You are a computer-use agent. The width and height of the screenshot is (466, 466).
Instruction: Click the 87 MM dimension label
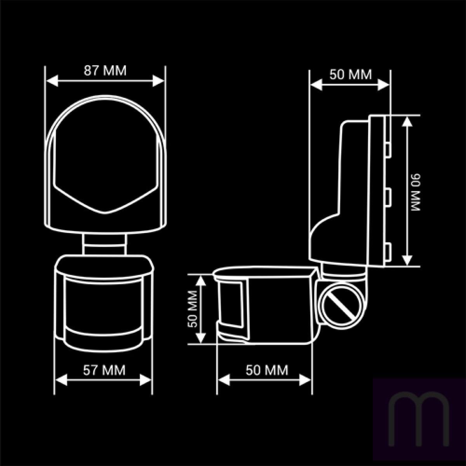105,71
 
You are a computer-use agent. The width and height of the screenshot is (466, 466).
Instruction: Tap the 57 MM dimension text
104,370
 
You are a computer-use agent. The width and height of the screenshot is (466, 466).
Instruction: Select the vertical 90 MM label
416,192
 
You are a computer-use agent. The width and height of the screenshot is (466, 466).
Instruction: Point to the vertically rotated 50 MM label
193,309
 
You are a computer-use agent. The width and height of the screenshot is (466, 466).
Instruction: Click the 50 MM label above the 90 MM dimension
351,74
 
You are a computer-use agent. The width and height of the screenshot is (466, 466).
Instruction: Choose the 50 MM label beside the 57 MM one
267,370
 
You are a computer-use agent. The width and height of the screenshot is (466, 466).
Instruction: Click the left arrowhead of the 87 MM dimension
52,80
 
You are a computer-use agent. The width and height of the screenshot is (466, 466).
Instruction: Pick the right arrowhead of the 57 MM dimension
146,380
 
